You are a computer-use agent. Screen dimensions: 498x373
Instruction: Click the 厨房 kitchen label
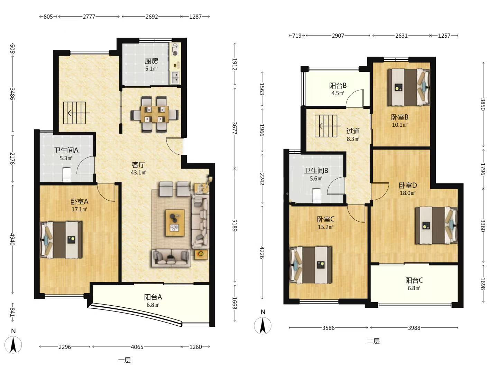tap(151, 61)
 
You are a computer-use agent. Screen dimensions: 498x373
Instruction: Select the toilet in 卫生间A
tap(67, 175)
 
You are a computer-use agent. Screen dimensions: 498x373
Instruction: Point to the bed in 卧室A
tap(61, 240)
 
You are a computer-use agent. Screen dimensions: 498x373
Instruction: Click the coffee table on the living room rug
tap(175, 223)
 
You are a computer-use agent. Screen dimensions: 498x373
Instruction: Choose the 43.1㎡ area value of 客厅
tap(138, 173)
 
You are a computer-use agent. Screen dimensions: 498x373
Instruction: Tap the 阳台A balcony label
tap(153, 297)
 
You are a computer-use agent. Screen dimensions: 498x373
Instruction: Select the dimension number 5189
tap(234, 225)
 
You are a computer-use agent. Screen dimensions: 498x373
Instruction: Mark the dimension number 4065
tap(137, 347)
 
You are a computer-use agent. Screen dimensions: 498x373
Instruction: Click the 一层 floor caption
tap(124, 360)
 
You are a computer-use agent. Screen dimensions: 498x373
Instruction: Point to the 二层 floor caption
tap(373, 341)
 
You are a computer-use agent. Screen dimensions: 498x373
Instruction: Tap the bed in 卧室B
tap(409, 87)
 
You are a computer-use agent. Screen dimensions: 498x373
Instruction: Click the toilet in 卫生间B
tap(317, 195)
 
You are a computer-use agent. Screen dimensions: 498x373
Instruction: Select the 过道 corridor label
tap(353, 131)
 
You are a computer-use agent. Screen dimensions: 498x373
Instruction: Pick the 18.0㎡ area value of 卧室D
tap(407, 193)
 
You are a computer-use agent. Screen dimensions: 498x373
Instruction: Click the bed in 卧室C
tap(311, 265)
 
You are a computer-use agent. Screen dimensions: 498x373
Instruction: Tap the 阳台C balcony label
tap(414, 280)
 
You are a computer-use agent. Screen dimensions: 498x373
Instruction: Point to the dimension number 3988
tap(414, 328)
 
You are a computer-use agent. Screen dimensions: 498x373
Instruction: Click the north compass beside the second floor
tap(262, 326)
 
